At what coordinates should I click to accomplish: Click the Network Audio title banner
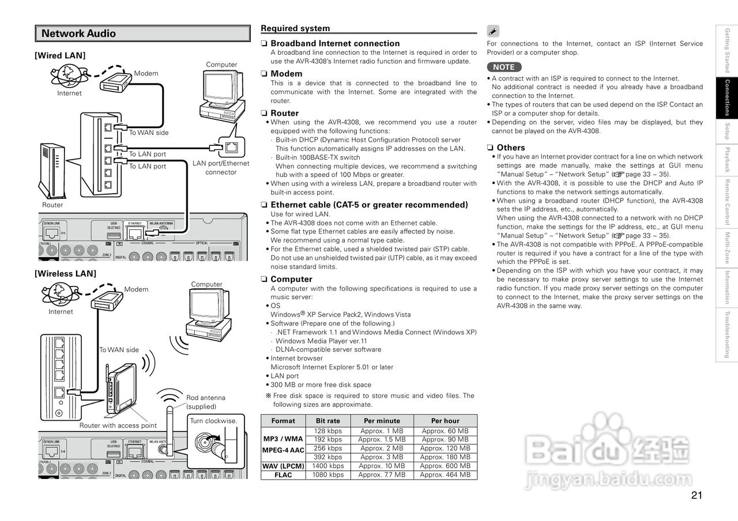pyautogui.click(x=142, y=33)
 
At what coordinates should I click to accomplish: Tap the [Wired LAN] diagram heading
pyautogui.click(x=60, y=55)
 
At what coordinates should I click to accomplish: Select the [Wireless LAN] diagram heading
pyautogui.click(x=65, y=273)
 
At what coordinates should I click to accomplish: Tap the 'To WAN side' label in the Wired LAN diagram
pyautogui.click(x=149, y=133)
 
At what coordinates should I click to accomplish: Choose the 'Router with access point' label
pyautogui.click(x=118, y=425)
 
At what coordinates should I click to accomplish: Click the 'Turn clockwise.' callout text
pyautogui.click(x=213, y=421)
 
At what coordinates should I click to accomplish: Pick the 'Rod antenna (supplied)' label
pyautogui.click(x=205, y=402)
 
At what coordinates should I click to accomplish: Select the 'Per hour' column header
pyautogui.click(x=445, y=421)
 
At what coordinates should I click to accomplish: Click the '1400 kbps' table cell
pyautogui.click(x=327, y=466)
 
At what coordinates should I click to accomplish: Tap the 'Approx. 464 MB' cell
pyautogui.click(x=445, y=475)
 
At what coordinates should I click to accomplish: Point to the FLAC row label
pyautogui.click(x=283, y=475)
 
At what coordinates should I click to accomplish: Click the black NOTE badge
pyautogui.click(x=503, y=67)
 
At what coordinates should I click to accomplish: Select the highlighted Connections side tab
pyautogui.click(x=727, y=98)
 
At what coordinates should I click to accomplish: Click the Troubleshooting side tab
pyautogui.click(x=727, y=334)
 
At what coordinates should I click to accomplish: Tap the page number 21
pyautogui.click(x=696, y=495)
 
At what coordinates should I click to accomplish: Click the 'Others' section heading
pyautogui.click(x=510, y=148)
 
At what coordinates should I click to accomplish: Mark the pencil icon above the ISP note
pyautogui.click(x=493, y=32)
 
